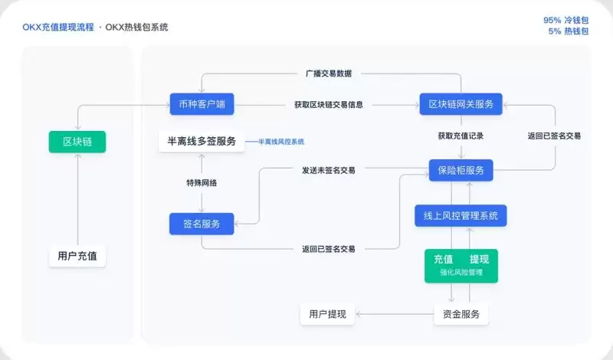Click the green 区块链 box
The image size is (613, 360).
click(x=77, y=142)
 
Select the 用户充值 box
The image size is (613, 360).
click(x=77, y=256)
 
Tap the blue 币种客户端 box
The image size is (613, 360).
click(x=202, y=104)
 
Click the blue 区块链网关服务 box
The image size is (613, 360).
click(x=461, y=104)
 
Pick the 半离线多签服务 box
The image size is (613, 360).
click(x=202, y=142)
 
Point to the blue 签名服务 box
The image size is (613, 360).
click(x=202, y=224)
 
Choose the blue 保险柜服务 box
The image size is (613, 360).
click(x=461, y=170)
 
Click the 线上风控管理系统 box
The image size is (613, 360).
click(x=461, y=216)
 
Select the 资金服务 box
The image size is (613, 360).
click(x=461, y=314)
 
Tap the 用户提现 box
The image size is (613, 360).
click(x=327, y=314)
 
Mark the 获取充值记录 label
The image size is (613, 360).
click(x=461, y=136)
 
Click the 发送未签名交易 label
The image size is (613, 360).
click(x=328, y=170)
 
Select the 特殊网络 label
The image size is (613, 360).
click(x=202, y=183)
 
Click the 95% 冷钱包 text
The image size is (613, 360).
click(x=565, y=20)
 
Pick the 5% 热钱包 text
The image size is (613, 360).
click(x=568, y=31)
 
